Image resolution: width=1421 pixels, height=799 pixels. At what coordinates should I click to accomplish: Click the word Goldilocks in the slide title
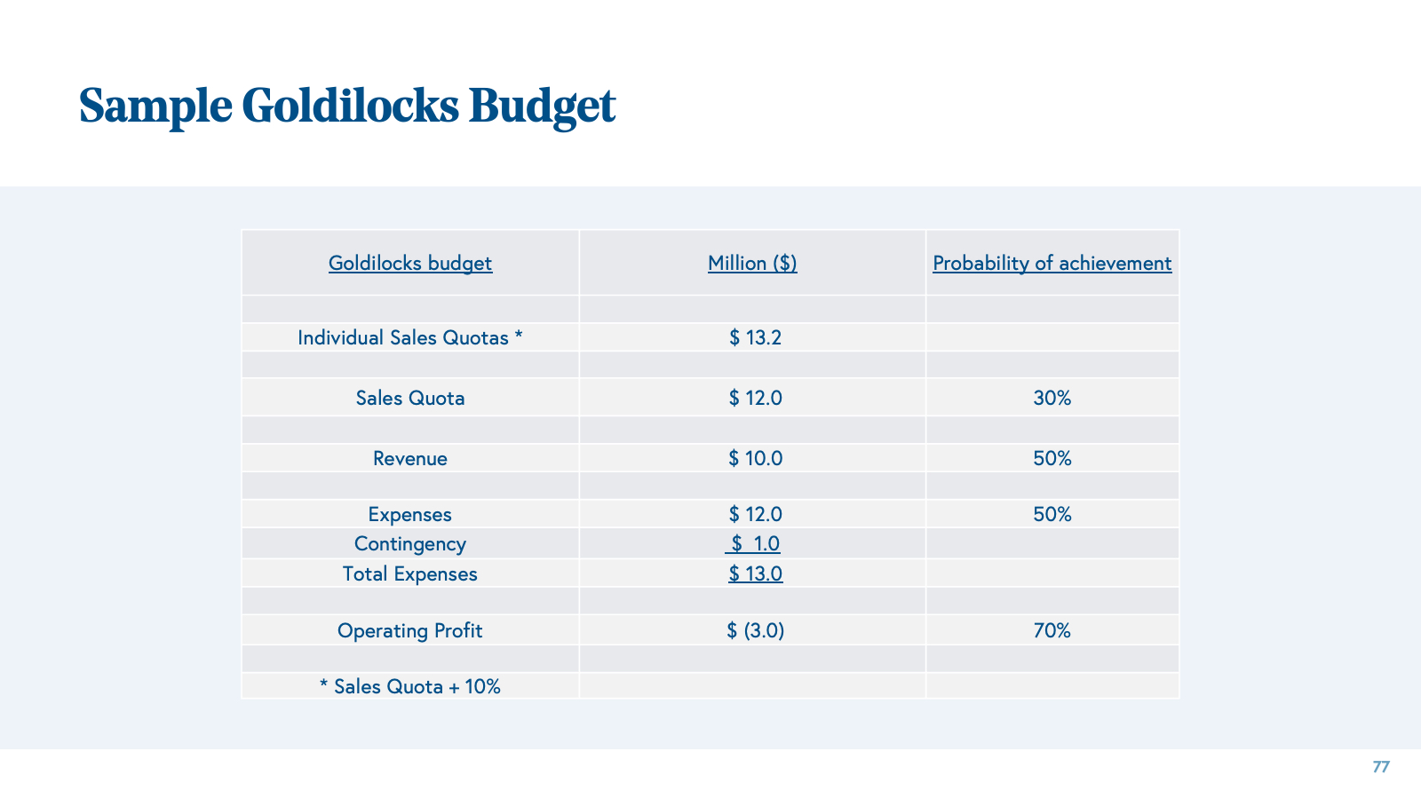[x=350, y=106]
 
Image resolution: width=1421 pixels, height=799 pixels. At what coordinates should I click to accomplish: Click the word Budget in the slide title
[x=542, y=106]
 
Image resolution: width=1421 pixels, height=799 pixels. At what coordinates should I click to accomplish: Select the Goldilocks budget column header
[x=410, y=264]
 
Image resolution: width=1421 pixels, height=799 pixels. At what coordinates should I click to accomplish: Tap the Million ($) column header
[x=752, y=264]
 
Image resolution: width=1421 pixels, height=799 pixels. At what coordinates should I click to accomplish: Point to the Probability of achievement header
[x=1052, y=264]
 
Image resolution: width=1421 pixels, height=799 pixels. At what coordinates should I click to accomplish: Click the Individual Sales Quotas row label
[x=410, y=338]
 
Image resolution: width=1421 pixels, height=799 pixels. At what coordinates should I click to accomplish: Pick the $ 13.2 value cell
[x=755, y=338]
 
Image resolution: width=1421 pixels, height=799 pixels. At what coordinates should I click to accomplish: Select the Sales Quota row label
[x=410, y=399]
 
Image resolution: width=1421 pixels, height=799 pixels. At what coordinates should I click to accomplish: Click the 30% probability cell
[x=1052, y=399]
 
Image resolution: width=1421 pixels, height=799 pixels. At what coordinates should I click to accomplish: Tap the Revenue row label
[x=410, y=459]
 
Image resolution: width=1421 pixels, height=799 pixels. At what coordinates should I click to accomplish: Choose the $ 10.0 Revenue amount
[x=755, y=459]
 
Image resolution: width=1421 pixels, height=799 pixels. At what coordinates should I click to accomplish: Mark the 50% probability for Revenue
[x=1052, y=459]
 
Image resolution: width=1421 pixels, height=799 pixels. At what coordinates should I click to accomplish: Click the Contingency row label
[x=410, y=544]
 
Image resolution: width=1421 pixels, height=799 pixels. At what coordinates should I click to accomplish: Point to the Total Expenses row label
[x=410, y=574]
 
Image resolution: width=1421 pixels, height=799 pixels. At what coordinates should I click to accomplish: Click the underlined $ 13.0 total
[x=755, y=574]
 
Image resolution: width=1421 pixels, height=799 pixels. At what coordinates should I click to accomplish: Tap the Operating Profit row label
[x=410, y=631]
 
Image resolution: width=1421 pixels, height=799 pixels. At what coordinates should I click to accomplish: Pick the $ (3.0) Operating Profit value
[x=755, y=631]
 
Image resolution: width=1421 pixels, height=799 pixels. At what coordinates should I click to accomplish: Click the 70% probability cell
[x=1052, y=631]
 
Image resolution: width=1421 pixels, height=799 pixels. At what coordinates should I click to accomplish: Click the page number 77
[x=1380, y=767]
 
